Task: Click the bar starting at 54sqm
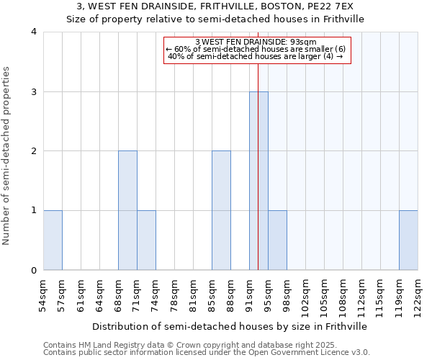click(x=53, y=240)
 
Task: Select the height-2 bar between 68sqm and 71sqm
click(x=127, y=210)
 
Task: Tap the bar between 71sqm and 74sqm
click(x=146, y=240)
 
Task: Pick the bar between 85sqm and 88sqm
click(x=221, y=210)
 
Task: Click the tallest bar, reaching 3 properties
click(x=258, y=181)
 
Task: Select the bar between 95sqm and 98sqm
click(x=277, y=240)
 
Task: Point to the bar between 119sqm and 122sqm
click(x=408, y=240)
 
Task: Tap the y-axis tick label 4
click(x=34, y=32)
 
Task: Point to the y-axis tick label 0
click(x=34, y=271)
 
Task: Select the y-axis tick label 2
click(x=34, y=151)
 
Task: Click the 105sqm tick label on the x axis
click(x=325, y=293)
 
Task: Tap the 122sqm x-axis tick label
click(x=418, y=293)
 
